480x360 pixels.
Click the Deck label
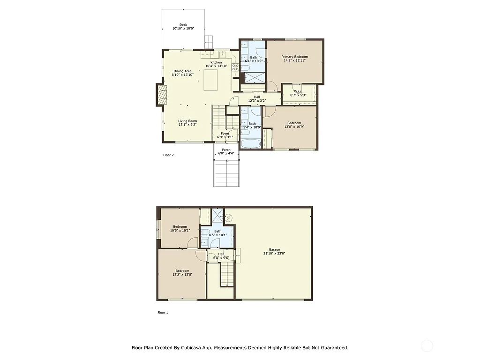point(183,25)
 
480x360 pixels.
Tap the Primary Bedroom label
point(294,57)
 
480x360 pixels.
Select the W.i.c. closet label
point(298,91)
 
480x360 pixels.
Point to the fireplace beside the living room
point(161,95)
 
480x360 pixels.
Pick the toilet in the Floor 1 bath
point(214,242)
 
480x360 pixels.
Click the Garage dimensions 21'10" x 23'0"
point(274,253)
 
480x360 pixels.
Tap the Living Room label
point(187,121)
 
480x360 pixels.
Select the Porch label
point(226,150)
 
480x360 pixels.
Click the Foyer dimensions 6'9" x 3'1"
point(225,137)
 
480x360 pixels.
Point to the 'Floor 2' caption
point(168,155)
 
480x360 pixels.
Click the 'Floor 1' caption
point(162,312)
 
